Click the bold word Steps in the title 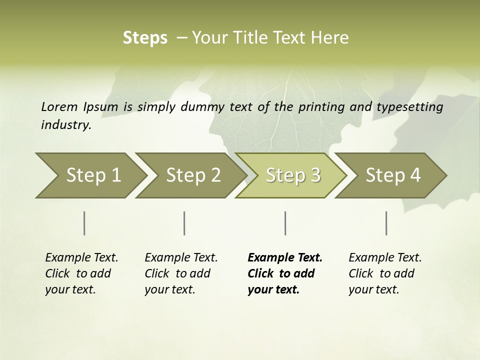tap(145, 38)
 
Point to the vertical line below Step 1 tap(84, 223)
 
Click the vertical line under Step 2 tap(184, 223)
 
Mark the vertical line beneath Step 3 tap(285, 223)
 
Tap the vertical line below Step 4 tap(386, 223)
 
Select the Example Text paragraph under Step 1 tap(81, 273)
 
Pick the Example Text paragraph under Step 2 tap(181, 273)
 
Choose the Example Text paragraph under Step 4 tap(385, 273)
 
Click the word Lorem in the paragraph tap(59, 106)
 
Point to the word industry tap(66, 125)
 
